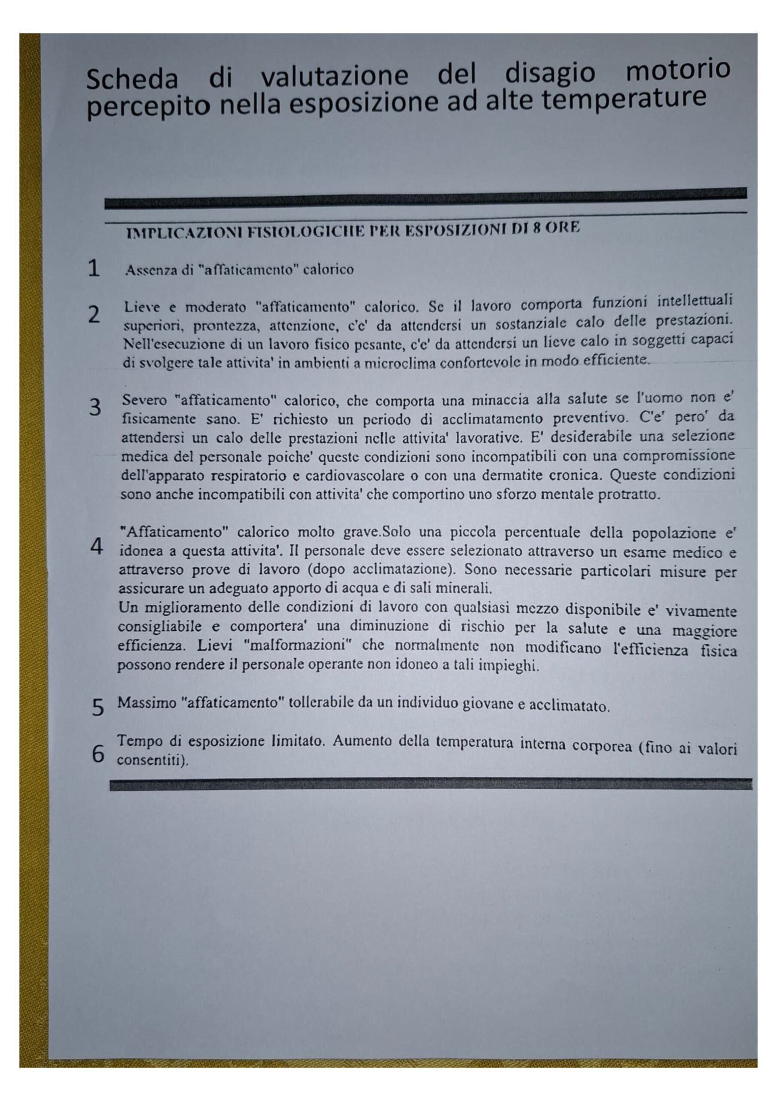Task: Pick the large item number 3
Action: [x=95, y=408]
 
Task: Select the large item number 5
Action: [x=97, y=708]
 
